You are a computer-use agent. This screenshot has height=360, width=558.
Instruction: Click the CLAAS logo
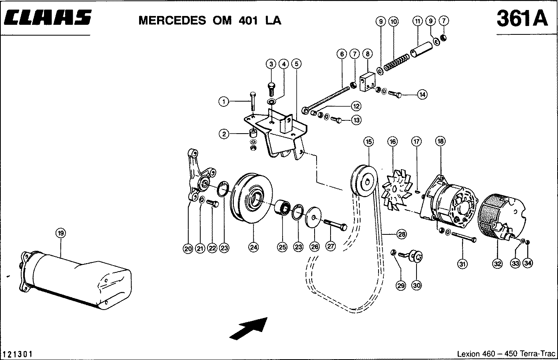[x=47, y=18]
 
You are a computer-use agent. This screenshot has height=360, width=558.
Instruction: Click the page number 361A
[x=522, y=18]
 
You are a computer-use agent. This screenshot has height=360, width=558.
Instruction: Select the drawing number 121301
[x=18, y=354]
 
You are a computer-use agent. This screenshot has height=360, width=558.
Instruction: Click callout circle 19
[x=60, y=233]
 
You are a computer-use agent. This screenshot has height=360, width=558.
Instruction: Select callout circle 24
[x=253, y=247]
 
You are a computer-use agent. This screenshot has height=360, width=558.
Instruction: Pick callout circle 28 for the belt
[x=402, y=235]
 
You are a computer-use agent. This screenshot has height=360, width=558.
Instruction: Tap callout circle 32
[x=497, y=264]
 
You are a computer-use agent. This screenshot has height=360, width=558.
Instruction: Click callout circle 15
[x=368, y=141]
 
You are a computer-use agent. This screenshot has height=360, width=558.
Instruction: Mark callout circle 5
[x=296, y=64]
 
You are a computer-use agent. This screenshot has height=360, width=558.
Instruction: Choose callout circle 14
[x=422, y=94]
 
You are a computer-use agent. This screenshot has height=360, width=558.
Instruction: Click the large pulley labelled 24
[x=252, y=198]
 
